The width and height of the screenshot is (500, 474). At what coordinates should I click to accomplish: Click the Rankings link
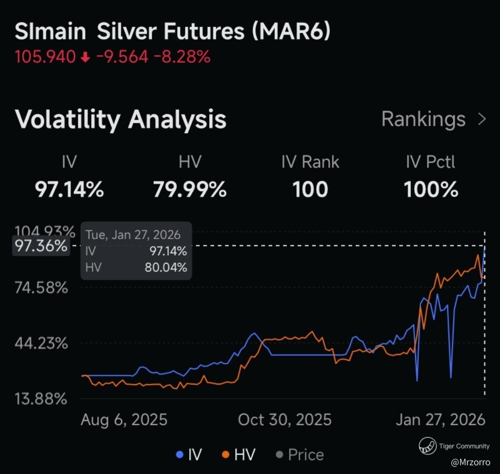[423, 120]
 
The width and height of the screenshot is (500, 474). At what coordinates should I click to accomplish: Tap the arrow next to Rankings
[482, 120]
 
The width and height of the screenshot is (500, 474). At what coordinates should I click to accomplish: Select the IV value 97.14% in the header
[70, 190]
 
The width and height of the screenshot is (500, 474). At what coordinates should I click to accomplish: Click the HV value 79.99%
[190, 190]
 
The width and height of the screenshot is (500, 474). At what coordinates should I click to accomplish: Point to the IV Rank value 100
[310, 190]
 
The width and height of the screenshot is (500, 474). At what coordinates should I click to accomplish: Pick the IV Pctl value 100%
[431, 190]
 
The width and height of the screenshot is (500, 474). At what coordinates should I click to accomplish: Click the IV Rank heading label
[310, 162]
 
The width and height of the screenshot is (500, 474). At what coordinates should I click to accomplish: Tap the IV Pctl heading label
[431, 162]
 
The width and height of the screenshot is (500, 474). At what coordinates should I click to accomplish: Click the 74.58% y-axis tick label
[41, 288]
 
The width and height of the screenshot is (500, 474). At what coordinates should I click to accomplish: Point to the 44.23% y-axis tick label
[41, 344]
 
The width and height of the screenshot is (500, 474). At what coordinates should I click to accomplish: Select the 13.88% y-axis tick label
[41, 398]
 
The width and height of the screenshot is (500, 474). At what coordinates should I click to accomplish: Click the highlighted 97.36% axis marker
[41, 246]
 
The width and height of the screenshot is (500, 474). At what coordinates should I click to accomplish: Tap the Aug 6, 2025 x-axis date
[124, 420]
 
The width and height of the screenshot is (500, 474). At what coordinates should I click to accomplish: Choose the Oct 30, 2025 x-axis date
[285, 420]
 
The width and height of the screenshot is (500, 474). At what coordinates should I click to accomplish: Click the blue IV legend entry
[189, 455]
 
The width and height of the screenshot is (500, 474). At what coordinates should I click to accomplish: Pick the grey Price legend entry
[300, 455]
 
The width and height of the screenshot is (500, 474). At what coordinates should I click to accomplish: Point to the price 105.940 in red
[45, 57]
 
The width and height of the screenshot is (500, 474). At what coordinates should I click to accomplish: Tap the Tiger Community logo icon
[427, 446]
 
